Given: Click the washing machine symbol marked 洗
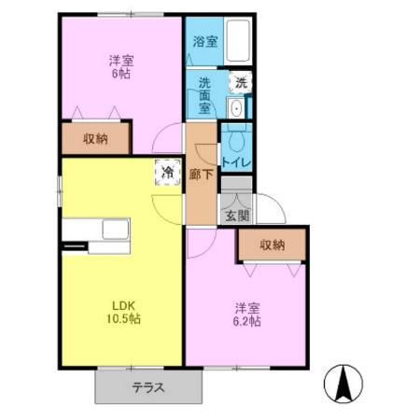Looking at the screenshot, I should [240, 82].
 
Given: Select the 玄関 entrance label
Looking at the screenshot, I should [237, 216].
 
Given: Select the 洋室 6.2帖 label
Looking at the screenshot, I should [247, 313].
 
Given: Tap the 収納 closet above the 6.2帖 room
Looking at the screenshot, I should [272, 245].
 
